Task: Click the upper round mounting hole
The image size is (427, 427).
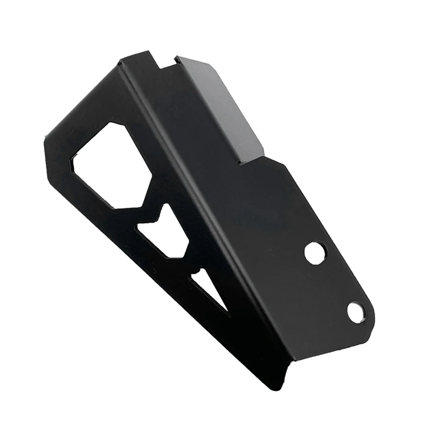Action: pyautogui.click(x=314, y=252)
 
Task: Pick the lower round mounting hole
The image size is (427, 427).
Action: pyautogui.click(x=355, y=312)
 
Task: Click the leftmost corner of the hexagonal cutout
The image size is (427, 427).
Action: pyautogui.click(x=73, y=160)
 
